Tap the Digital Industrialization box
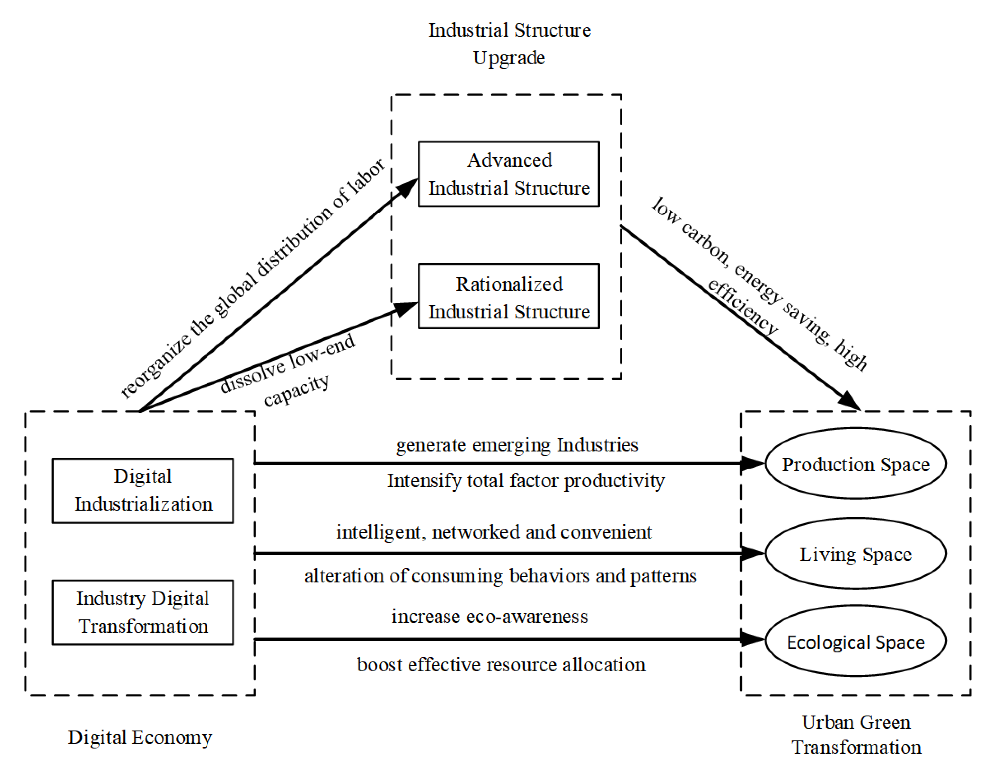(143, 491)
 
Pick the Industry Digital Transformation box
(143, 613)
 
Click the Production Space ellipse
(856, 464)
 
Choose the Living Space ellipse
(856, 554)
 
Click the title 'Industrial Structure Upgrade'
(509, 44)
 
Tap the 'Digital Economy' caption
(140, 737)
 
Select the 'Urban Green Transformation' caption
(856, 735)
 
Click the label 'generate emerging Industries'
(517, 445)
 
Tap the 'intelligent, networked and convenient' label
(494, 532)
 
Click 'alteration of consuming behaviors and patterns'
(501, 576)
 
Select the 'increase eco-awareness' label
(490, 616)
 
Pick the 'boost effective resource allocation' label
(501, 665)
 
